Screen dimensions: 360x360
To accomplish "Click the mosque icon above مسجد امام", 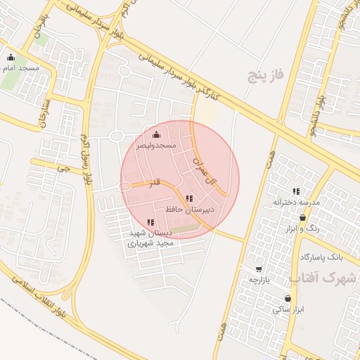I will pyautogui.click(x=10, y=58).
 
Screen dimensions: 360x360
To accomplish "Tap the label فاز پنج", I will pyautogui.click(x=264, y=75).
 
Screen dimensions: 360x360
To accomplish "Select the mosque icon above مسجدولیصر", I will pyautogui.click(x=155, y=134).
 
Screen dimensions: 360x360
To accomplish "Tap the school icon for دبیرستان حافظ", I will pyautogui.click(x=188, y=198).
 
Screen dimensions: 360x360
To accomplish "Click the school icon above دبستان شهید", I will pyautogui.click(x=150, y=222).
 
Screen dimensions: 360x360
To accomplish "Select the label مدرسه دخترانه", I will pyautogui.click(x=297, y=202).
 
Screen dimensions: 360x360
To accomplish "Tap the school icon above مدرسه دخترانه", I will pyautogui.click(x=296, y=191).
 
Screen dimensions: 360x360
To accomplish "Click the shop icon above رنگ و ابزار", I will pyautogui.click(x=302, y=218).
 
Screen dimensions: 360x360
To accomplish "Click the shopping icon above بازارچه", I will pyautogui.click(x=259, y=269).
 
